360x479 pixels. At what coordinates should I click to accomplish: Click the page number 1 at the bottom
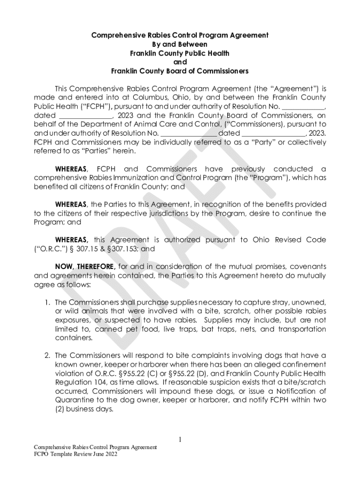click(x=180, y=439)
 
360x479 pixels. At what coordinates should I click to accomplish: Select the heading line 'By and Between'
click(x=180, y=44)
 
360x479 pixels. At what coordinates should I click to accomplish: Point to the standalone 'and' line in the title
click(x=180, y=62)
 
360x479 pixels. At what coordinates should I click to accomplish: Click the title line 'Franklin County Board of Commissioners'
click(x=180, y=71)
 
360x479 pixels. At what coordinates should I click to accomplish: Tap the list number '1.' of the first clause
click(x=47, y=303)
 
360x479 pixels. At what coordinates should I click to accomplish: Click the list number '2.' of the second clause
click(x=47, y=356)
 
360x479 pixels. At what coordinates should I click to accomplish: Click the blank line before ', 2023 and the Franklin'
click(x=86, y=115)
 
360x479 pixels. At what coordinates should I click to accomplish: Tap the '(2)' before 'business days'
click(x=62, y=409)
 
